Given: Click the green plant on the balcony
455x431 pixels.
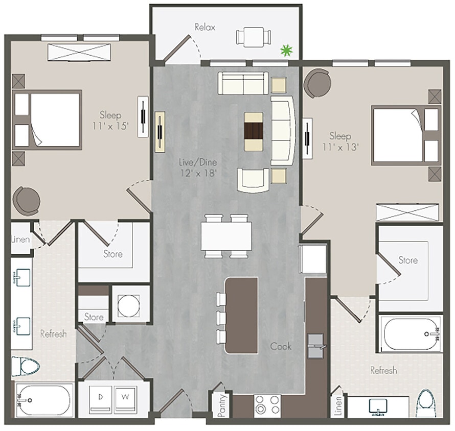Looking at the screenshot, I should click(x=287, y=50).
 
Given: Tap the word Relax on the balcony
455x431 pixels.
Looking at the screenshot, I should click(x=204, y=27).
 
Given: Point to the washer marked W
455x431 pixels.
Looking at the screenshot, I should click(x=125, y=397).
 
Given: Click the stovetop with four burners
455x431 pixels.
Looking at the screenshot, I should click(x=267, y=405).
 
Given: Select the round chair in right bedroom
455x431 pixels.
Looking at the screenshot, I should click(x=317, y=83).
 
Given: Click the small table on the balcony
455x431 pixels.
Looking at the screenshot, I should click(x=253, y=37).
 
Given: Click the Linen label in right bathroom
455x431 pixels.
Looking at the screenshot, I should click(x=337, y=405).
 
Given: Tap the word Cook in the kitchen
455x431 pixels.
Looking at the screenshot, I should click(x=281, y=346).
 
